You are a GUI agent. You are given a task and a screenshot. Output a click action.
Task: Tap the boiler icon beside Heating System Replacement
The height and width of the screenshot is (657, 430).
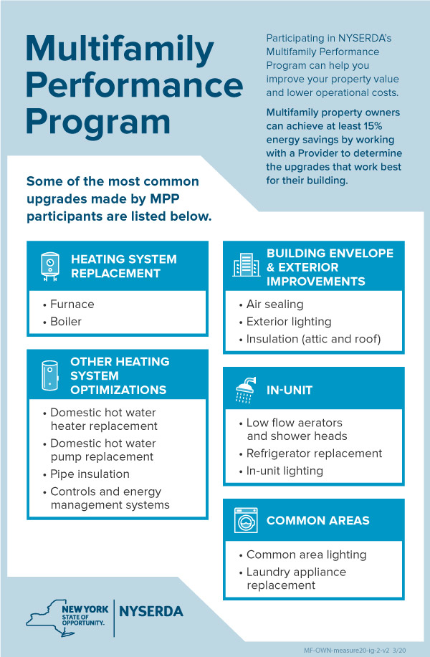50,267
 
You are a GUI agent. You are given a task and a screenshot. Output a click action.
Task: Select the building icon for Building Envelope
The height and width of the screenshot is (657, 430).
246,265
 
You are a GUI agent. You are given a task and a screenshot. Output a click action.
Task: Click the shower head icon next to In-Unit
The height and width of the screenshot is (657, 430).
246,390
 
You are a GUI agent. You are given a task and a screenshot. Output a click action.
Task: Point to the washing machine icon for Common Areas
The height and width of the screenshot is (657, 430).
246,520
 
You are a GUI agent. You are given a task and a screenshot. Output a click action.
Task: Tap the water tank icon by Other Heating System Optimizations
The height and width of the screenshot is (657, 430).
50,375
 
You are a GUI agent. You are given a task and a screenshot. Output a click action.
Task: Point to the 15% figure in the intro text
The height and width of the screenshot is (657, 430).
373,126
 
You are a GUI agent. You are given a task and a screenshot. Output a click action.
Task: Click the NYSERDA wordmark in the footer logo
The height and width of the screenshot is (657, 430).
151,611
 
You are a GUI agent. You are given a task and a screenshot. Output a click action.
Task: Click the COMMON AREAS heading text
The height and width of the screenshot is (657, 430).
318,520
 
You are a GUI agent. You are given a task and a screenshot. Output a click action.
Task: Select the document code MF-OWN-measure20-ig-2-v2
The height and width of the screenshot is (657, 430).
346,651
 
